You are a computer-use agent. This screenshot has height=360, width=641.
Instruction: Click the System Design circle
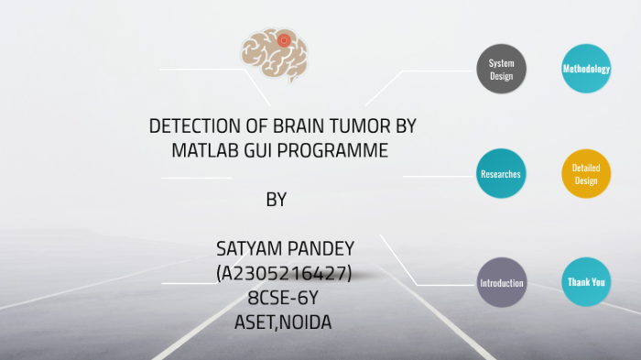pos(502,69)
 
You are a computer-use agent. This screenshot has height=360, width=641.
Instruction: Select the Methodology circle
pos(585,69)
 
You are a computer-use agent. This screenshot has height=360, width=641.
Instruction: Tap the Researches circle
pos(502,173)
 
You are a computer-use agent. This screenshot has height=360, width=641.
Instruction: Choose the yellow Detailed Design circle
pos(585,173)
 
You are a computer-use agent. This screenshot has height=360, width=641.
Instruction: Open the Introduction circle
pos(502,283)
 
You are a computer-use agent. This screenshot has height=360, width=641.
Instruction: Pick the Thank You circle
pos(585,282)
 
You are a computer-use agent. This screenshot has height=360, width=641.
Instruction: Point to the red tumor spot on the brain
pos(284,40)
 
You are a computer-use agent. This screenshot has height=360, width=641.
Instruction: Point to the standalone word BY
pos(276,200)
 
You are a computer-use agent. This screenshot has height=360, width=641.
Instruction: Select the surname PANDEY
pos(319,249)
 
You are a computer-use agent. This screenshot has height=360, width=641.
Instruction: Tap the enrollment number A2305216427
pos(283,272)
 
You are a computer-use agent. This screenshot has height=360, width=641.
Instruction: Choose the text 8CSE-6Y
pos(283,297)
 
